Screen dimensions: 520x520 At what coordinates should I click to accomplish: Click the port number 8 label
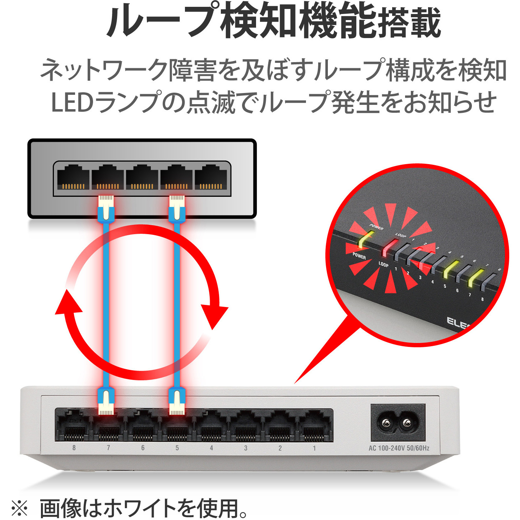click(74, 448)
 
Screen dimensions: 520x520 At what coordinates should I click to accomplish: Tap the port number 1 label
click(314, 448)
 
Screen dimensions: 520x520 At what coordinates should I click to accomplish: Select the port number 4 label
click(211, 448)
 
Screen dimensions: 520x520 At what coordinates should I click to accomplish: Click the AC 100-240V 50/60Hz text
click(399, 448)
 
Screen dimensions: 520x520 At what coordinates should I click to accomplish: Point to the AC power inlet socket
click(398, 423)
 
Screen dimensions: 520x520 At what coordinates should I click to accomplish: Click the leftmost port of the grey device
click(73, 177)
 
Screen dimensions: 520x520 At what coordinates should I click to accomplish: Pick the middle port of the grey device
click(142, 177)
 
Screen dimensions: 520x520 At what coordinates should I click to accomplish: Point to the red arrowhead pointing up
click(68, 302)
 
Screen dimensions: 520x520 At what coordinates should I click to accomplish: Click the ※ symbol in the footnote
click(19, 508)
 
